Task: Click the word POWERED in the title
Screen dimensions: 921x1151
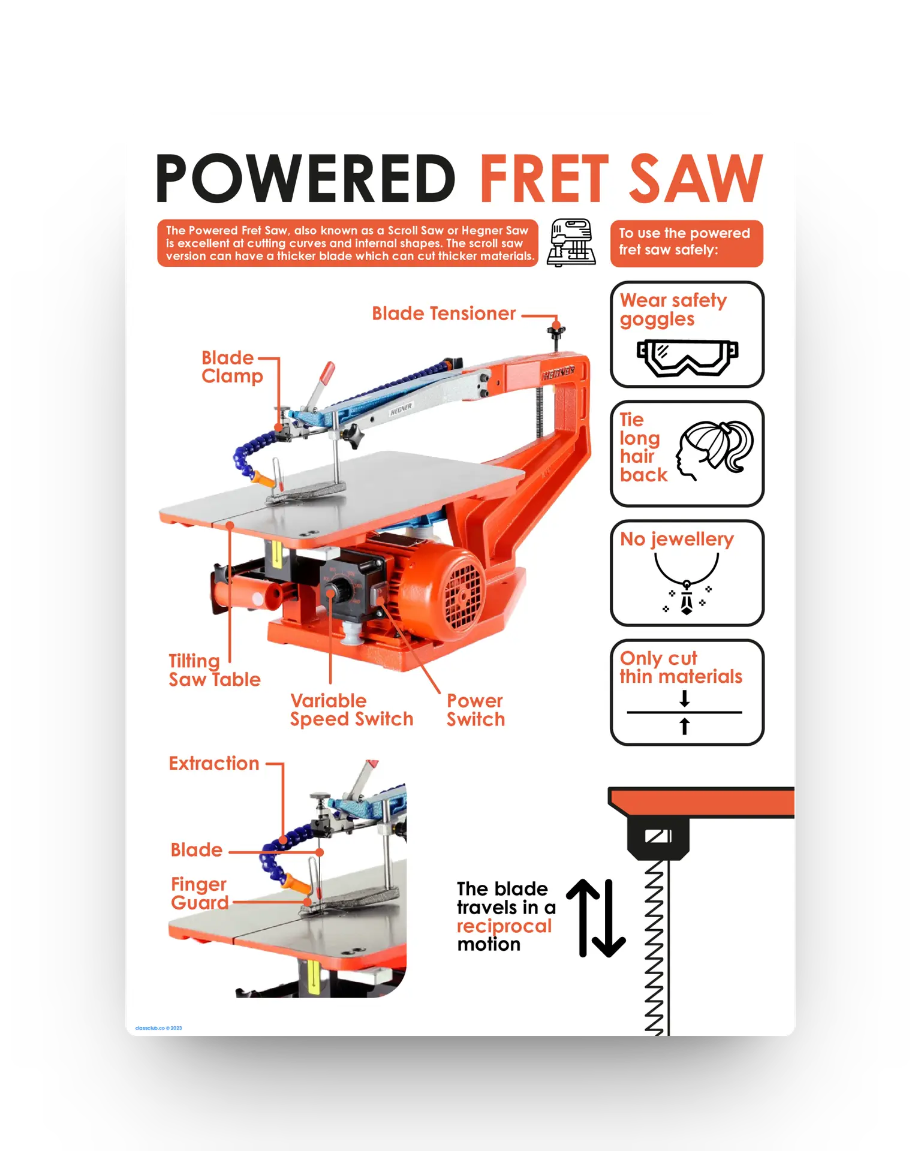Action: tap(306, 178)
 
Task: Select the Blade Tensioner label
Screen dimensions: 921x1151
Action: tap(444, 314)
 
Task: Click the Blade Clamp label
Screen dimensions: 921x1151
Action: tap(232, 367)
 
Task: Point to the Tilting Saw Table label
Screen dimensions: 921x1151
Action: tap(215, 670)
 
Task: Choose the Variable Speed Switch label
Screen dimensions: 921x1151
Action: tap(352, 710)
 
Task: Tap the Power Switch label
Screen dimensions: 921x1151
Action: tap(475, 710)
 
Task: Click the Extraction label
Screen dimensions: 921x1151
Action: tap(214, 763)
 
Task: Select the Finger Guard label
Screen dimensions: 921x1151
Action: tap(200, 893)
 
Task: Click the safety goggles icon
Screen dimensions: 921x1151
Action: tap(687, 357)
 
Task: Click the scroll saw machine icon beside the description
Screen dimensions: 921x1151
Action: tap(571, 242)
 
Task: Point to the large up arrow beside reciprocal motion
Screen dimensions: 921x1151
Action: tap(583, 917)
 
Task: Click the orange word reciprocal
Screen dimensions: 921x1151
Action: tap(504, 926)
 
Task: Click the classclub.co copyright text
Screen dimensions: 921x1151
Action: tap(158, 1028)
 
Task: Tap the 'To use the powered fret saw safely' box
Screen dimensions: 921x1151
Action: tap(687, 243)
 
